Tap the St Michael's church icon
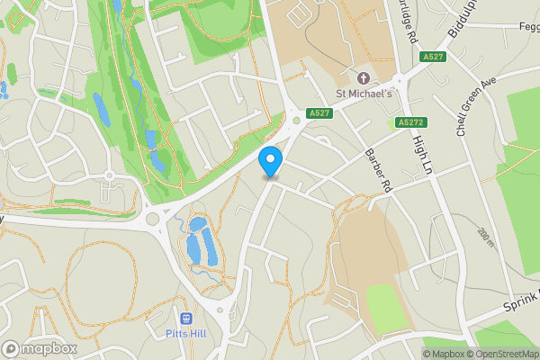[x=364, y=77]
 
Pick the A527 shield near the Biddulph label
[x=431, y=57]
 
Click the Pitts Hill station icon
[x=187, y=318]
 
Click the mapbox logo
[x=40, y=348]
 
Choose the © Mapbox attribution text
[x=445, y=353]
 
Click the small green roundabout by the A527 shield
[x=295, y=119]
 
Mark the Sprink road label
[x=523, y=301]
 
